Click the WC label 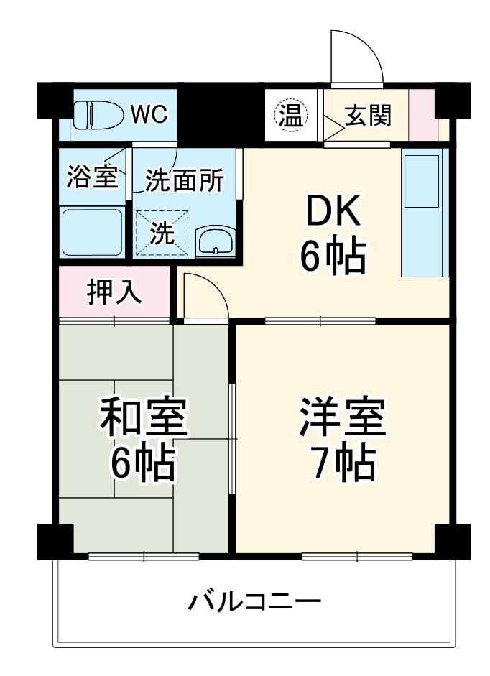149,114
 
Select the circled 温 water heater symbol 291,115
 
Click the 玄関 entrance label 368,115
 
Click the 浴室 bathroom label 91,177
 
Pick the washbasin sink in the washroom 215,241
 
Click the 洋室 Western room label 343,419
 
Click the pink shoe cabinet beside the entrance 423,115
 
